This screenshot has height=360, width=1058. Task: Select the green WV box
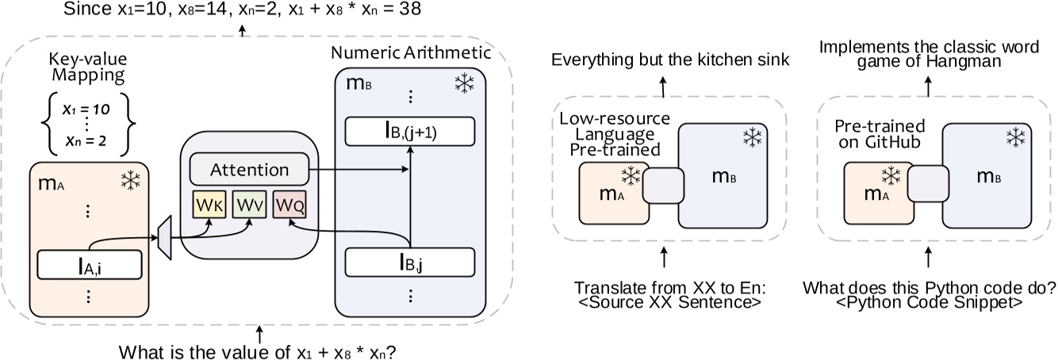tap(248, 205)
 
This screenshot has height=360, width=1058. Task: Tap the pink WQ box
tap(289, 205)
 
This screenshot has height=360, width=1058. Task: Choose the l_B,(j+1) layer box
tap(409, 132)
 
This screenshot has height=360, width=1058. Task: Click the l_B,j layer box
tap(409, 261)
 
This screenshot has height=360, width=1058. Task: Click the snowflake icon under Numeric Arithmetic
tap(465, 85)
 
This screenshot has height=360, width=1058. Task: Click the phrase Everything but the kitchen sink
tap(665, 60)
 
